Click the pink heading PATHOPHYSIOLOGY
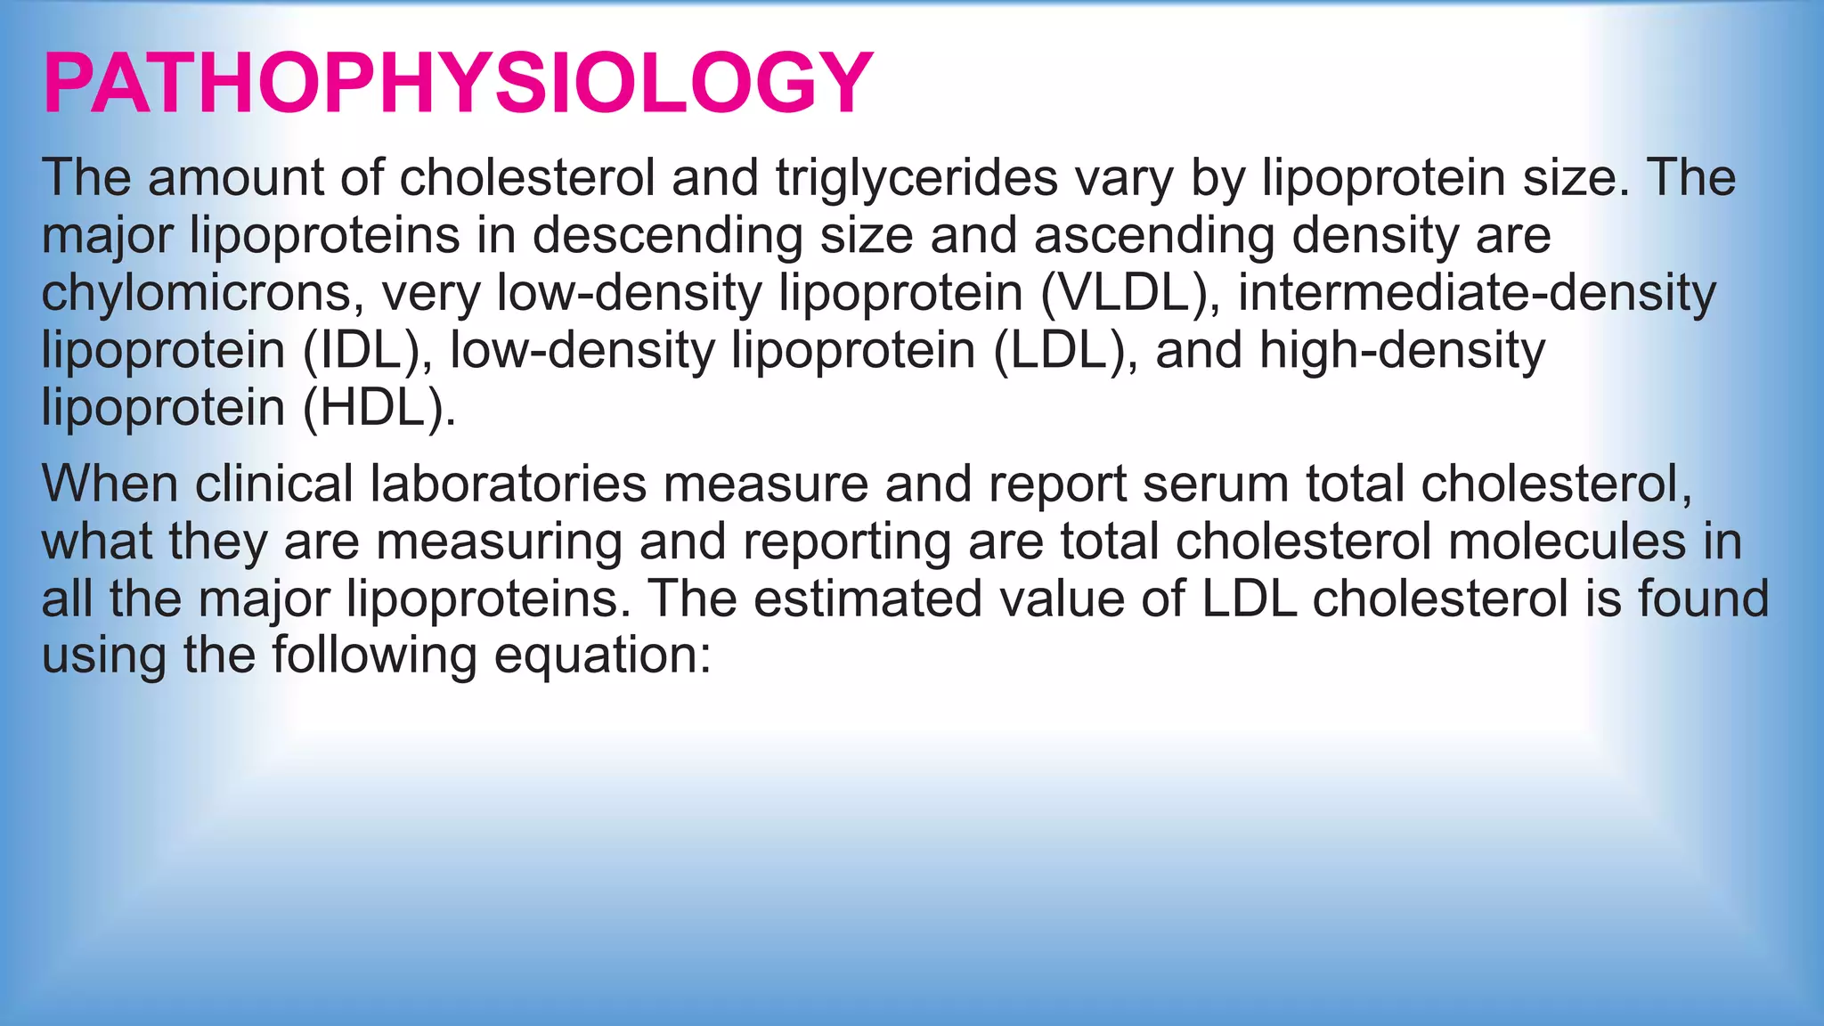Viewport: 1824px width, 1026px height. (x=458, y=83)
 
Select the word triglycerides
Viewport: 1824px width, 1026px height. (x=916, y=177)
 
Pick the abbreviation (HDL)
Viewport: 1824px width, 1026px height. (x=379, y=408)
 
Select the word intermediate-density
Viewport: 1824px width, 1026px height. (x=1476, y=293)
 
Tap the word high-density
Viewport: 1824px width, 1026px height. (x=1402, y=350)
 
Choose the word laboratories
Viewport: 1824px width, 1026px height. (x=509, y=484)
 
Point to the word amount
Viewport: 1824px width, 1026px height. (x=235, y=177)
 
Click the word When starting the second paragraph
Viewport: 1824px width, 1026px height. (x=110, y=484)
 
